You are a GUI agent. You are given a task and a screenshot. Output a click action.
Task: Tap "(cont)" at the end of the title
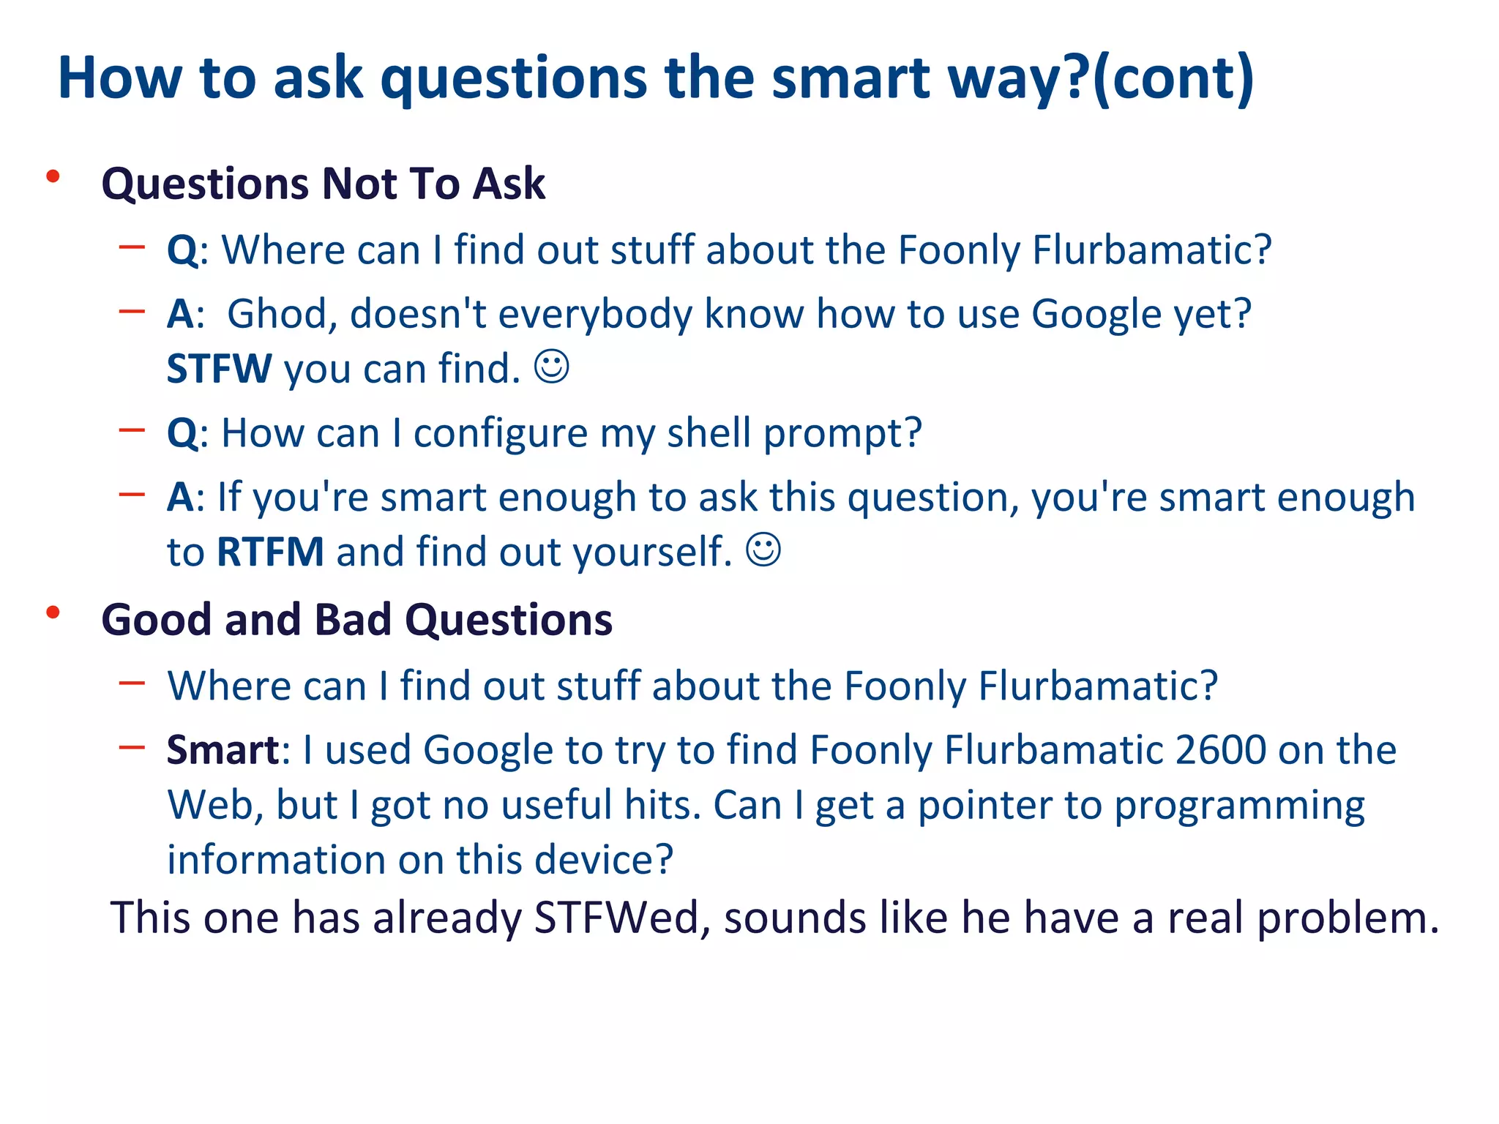[1173, 78]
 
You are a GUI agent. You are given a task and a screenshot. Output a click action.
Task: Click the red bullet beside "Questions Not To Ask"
[53, 176]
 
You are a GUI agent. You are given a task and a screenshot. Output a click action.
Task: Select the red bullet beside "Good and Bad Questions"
[53, 612]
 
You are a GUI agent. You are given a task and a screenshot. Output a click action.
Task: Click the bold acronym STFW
[219, 368]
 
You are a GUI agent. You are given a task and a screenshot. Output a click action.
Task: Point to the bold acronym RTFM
[270, 552]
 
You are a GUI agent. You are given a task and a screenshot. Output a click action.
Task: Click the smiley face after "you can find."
[551, 367]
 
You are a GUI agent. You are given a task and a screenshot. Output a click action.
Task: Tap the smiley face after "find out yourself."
[763, 550]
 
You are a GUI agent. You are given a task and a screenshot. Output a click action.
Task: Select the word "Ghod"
[282, 315]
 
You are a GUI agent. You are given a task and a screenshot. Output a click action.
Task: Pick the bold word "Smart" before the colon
[223, 750]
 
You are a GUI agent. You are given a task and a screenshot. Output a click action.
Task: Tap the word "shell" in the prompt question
[709, 433]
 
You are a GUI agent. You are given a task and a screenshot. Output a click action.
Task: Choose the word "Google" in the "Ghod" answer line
[1096, 315]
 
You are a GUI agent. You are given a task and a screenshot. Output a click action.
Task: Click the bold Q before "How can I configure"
[182, 433]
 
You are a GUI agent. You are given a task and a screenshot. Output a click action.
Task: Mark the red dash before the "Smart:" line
[132, 747]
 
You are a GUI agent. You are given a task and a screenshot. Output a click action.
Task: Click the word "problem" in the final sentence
[1347, 918]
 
